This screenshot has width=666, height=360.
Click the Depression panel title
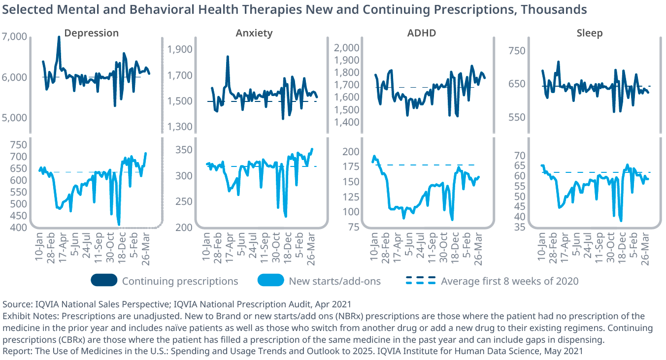[x=92, y=33]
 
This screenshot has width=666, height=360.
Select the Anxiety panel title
[x=254, y=33]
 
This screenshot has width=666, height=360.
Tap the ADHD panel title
[x=421, y=33]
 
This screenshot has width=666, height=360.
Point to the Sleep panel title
[x=590, y=33]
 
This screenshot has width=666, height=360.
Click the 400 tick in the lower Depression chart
[x=18, y=228]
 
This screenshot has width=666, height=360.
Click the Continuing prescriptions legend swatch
[x=104, y=281]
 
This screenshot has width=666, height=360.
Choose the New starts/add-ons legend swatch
[x=270, y=281]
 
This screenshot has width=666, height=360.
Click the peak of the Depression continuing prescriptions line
[x=59, y=37]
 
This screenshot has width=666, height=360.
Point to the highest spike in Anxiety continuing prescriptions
[x=228, y=57]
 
